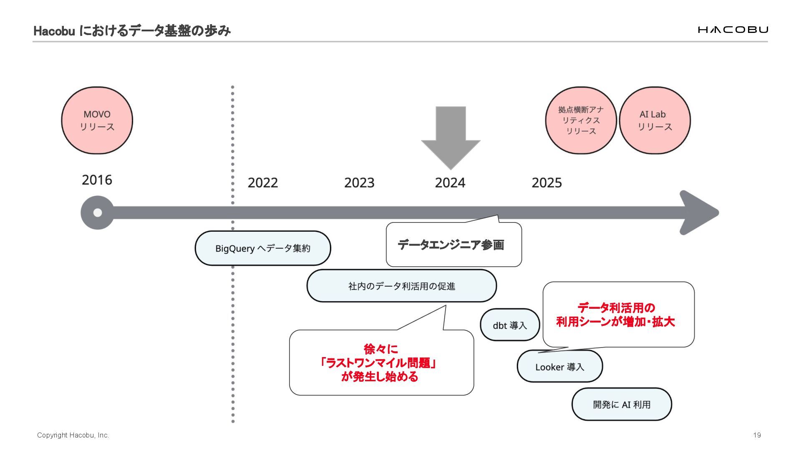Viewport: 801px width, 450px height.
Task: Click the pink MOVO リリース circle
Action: coord(97,120)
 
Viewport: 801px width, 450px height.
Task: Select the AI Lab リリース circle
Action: coord(655,120)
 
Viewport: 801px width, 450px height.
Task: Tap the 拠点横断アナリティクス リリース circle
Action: coord(581,120)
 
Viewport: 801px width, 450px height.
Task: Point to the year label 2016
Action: coord(97,180)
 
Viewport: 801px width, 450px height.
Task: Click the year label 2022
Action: coord(262,182)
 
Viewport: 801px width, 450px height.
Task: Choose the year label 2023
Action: coord(359,182)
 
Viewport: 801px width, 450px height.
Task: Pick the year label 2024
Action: coord(450,182)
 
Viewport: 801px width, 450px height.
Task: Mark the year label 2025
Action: coord(547,182)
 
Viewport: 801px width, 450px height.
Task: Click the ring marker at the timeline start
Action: coord(97,212)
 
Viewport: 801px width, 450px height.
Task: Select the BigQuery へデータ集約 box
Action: coord(263,248)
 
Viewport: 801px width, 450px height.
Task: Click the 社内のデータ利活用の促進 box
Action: coord(401,286)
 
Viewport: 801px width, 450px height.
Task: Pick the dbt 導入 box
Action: coord(510,325)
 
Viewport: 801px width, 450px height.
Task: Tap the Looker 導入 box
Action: coord(559,367)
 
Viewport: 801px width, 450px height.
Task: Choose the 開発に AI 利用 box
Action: coord(622,404)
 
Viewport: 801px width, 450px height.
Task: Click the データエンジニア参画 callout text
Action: coord(451,245)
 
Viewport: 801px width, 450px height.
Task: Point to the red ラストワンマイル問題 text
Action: coord(378,363)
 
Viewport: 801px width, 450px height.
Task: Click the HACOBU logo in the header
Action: coord(733,30)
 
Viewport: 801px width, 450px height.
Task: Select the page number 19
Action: coord(757,435)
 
